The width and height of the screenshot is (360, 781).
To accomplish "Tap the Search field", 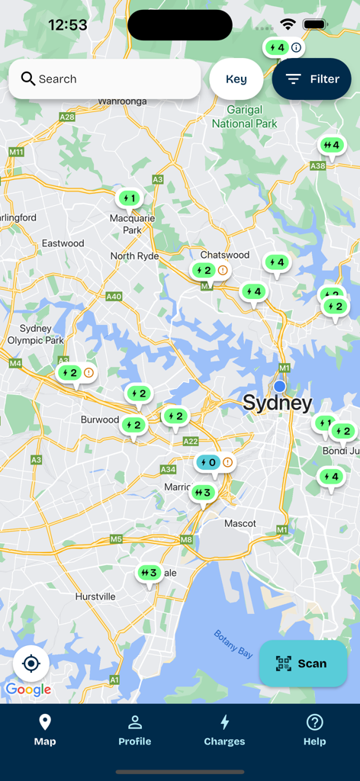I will (x=104, y=79).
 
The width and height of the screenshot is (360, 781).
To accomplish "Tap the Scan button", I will (x=304, y=664).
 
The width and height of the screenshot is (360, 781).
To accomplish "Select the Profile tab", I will (x=134, y=730).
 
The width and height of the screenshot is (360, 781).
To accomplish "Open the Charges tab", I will (x=224, y=730).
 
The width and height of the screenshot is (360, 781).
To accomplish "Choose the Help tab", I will (x=314, y=730).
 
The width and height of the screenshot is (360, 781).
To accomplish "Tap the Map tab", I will (x=45, y=730).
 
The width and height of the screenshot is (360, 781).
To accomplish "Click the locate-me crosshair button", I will (x=31, y=664).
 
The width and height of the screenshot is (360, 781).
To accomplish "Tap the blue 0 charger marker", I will (x=208, y=463).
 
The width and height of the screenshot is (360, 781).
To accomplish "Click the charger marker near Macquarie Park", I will (x=129, y=199).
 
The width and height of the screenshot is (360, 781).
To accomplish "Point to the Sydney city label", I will (x=278, y=403).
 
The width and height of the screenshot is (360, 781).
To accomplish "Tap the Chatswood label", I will (x=225, y=255).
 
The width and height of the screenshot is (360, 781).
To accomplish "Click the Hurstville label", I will (x=95, y=596).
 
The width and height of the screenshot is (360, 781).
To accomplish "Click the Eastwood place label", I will (x=63, y=243).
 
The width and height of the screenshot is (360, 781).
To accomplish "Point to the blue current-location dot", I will (x=280, y=387).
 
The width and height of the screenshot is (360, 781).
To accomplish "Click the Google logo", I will (x=28, y=690).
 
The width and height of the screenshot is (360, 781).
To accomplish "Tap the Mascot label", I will (x=239, y=524).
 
